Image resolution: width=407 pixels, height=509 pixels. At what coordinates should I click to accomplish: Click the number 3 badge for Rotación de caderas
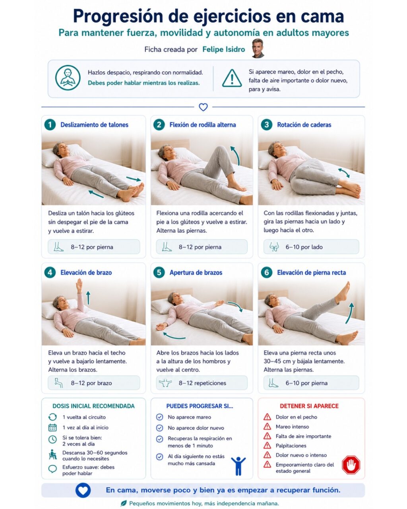(267, 124)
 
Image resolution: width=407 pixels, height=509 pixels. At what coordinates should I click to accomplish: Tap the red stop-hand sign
(351, 465)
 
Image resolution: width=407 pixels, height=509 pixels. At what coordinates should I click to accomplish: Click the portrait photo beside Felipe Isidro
(258, 48)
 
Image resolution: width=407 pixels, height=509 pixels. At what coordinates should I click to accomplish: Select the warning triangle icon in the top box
(232, 78)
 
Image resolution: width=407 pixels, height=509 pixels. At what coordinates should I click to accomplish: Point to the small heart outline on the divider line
(203, 107)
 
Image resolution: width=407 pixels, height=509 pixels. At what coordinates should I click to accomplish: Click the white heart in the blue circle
(83, 490)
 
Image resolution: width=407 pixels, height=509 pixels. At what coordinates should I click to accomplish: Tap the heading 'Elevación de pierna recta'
(312, 272)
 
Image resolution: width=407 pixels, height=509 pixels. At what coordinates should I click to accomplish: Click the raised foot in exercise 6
(344, 292)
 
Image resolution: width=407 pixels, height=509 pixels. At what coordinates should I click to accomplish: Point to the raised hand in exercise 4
(79, 286)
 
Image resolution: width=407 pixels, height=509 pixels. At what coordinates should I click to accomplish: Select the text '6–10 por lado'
(304, 247)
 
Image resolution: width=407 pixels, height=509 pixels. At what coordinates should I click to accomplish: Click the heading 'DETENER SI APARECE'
(309, 406)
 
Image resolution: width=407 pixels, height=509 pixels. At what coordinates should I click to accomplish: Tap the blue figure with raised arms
(238, 466)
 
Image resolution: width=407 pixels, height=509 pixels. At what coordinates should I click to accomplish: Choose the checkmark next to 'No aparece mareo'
(160, 417)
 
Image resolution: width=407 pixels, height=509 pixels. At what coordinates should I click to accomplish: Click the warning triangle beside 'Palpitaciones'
(267, 446)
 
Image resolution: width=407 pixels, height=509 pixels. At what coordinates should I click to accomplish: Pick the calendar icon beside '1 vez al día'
(52, 427)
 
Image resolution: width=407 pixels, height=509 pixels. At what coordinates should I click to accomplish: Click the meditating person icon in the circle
(68, 78)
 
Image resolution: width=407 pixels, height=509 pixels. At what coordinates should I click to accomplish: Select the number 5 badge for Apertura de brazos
(159, 272)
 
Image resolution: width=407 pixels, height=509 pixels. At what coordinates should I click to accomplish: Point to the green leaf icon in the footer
(124, 503)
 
